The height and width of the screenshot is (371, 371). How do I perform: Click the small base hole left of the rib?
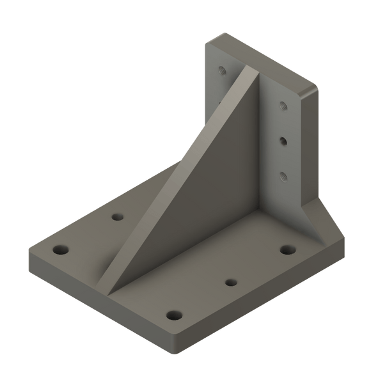(116, 217)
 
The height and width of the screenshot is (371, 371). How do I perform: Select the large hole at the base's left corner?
(60, 249)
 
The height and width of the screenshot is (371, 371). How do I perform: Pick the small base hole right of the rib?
(230, 281)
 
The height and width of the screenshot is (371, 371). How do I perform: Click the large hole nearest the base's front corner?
(173, 315)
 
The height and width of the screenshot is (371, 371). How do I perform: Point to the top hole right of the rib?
(282, 106)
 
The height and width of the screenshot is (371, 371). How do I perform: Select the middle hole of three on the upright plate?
(282, 139)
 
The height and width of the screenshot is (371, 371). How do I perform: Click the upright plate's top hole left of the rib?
(222, 70)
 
